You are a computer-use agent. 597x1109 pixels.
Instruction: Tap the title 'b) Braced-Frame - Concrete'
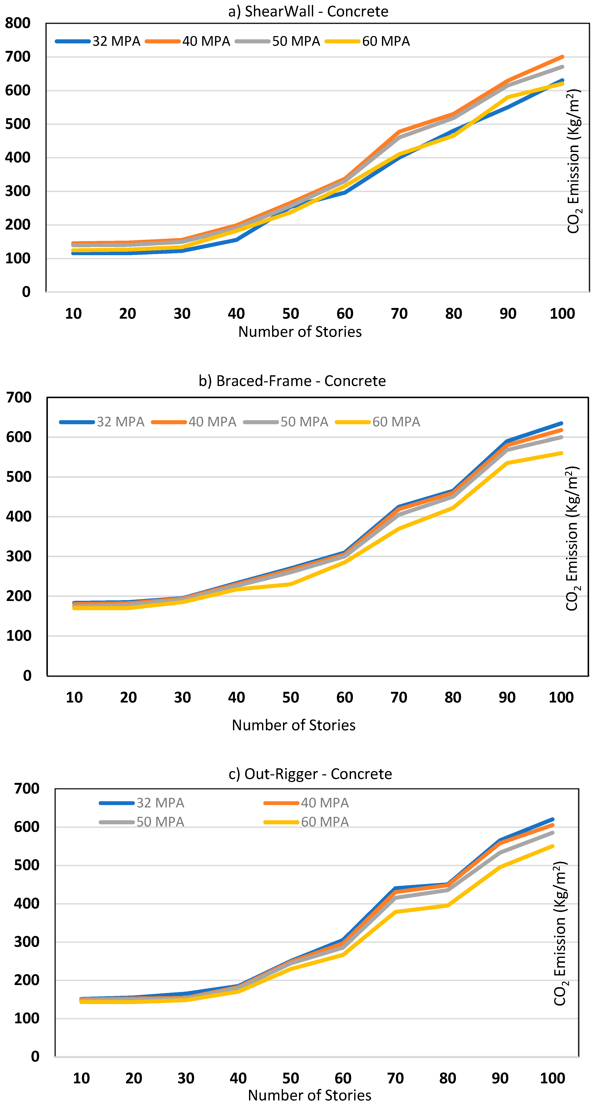pyautogui.click(x=292, y=381)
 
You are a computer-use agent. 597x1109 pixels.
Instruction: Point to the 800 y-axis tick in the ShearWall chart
pyautogui.click(x=18, y=23)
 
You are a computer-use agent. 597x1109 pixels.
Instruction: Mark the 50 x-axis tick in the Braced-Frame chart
pyautogui.click(x=290, y=697)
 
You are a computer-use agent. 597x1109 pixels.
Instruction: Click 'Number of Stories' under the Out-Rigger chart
pyautogui.click(x=310, y=1095)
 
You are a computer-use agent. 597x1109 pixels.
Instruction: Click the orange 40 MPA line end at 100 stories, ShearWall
pyautogui.click(x=562, y=57)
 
